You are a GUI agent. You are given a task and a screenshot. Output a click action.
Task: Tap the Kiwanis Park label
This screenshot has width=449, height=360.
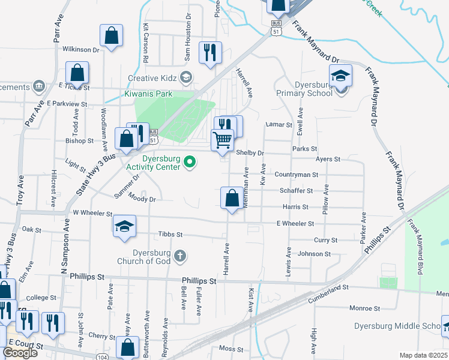coord(148,94)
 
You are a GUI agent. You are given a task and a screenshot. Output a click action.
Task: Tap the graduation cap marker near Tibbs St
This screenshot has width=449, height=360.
coord(125,226)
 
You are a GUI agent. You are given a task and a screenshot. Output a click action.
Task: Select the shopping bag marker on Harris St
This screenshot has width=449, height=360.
coord(232,197)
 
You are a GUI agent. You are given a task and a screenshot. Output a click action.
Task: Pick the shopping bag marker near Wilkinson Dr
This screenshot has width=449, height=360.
coord(111,35)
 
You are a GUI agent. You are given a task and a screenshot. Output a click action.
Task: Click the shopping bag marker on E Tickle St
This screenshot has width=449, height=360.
coord(78,74)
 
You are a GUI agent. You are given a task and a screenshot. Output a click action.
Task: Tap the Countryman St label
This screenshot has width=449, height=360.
coord(296,175)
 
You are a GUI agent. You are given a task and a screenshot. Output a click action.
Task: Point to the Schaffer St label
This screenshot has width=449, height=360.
coord(297,191)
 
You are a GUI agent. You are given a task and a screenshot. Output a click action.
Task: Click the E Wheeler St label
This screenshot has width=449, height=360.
coord(295,223)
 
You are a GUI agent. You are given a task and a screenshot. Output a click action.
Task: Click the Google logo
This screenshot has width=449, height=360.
coord(20,353)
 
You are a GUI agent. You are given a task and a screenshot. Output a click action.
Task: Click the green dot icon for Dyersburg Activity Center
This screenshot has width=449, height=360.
coord(190,161)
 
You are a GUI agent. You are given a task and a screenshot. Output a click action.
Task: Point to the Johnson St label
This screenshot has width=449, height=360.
coord(315,254)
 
